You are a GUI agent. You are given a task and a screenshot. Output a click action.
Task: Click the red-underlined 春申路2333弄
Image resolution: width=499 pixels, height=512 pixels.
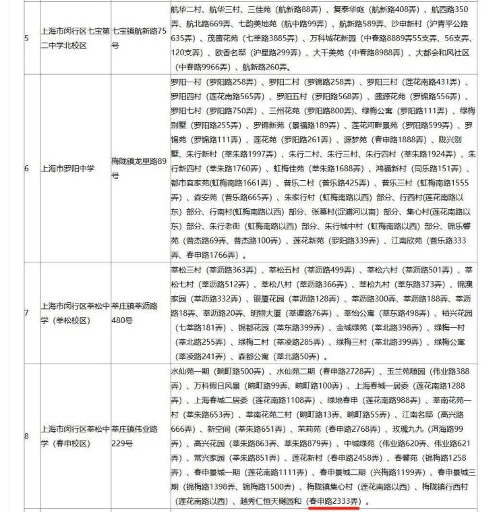[x=334, y=501]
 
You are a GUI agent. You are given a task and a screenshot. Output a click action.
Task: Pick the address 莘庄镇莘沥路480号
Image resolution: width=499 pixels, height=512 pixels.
[x=137, y=312]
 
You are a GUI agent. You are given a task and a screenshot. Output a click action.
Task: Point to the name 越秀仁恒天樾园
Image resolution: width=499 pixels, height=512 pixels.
[x=270, y=501]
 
